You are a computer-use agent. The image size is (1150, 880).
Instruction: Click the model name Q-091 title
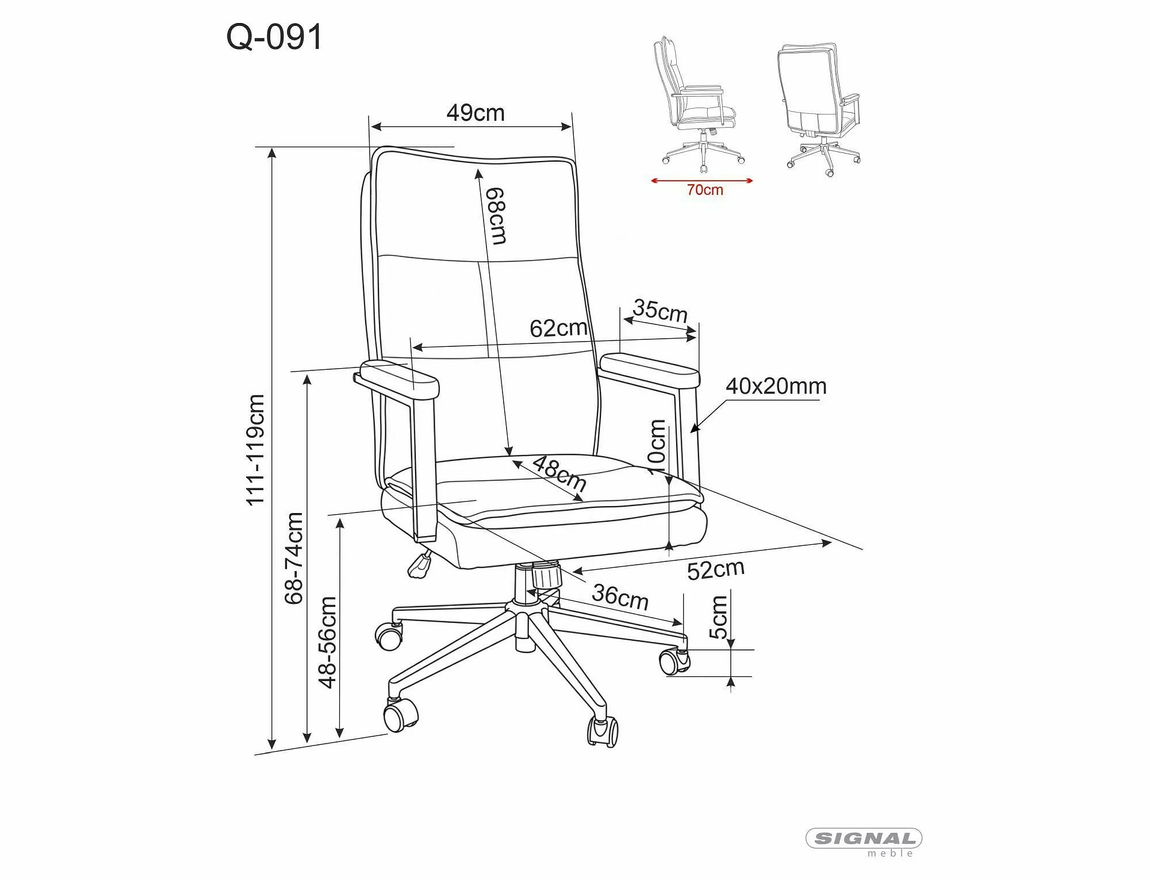pos(275,38)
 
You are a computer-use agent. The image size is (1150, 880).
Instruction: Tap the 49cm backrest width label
pos(476,113)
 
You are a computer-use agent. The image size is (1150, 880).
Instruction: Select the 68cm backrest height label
pos(496,216)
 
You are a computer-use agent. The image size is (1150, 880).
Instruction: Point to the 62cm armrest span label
pos(558,328)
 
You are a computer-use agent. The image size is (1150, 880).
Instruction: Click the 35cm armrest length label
pos(660,311)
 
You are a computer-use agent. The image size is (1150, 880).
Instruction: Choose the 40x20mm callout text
pos(776,386)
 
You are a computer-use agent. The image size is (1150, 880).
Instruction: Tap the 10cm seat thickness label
pos(657,447)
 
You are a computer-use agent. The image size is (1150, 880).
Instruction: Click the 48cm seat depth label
pos(559,473)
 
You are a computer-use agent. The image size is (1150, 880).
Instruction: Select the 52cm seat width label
pos(716,569)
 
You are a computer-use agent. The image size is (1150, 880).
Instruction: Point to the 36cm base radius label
pos(620,596)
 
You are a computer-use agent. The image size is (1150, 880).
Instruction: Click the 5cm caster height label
pos(719,617)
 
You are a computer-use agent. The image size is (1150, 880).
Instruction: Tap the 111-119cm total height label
pos(255,450)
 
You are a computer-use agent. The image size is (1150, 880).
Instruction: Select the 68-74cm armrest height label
pos(294,558)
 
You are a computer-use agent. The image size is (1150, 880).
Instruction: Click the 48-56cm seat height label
pos(328,642)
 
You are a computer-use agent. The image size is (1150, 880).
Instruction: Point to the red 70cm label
pos(705,190)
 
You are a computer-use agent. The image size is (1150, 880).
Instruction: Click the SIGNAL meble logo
pos(864,842)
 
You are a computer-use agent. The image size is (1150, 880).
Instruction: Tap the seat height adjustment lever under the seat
pos(420,564)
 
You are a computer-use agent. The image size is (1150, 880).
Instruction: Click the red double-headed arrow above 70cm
pos(702,181)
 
